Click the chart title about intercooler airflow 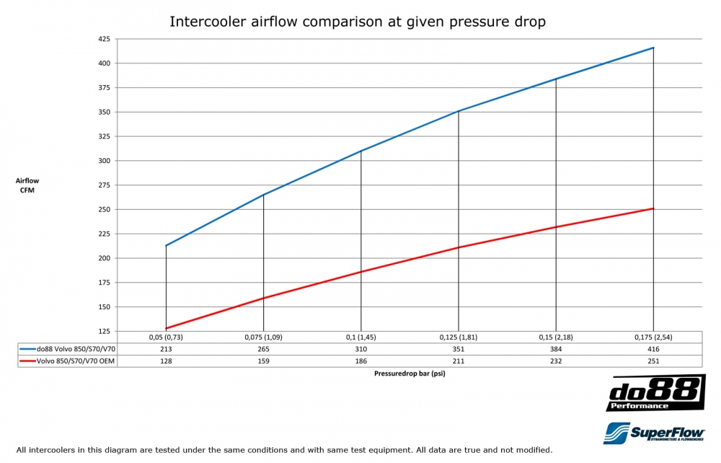coord(358,22)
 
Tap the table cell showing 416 coord(653,349)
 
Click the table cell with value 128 coord(166,361)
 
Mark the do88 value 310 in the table coord(360,349)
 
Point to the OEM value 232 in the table coord(556,361)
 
